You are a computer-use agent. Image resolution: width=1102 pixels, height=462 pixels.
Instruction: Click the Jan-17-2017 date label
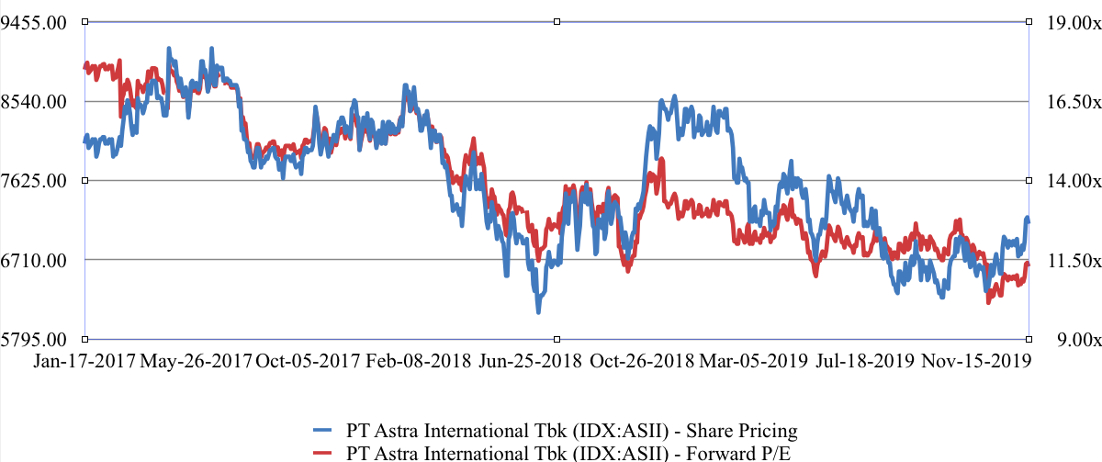coord(84,360)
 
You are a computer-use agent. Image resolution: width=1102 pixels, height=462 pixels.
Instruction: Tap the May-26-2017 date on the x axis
coord(196,360)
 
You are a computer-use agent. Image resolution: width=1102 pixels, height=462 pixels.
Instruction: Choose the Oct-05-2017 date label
coord(308,360)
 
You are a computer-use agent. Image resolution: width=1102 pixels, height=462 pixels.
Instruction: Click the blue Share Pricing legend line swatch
coord(325,430)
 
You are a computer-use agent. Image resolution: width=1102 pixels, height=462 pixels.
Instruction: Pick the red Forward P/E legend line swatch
coord(325,452)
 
